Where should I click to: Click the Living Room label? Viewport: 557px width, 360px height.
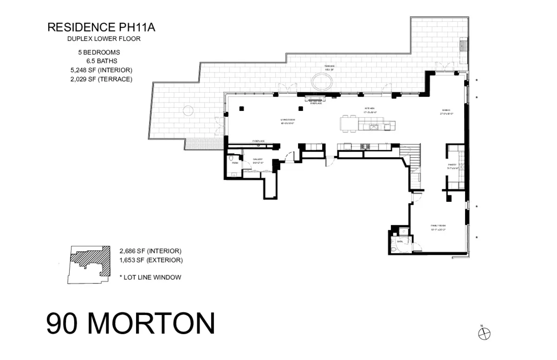pyautogui.click(x=288, y=122)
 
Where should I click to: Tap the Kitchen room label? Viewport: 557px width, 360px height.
pyautogui.click(x=369, y=110)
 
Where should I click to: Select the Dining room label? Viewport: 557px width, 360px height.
pyautogui.click(x=445, y=111)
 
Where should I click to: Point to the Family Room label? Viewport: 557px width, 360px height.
pyautogui.click(x=438, y=227)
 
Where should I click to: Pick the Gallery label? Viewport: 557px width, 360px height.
pyautogui.click(x=258, y=161)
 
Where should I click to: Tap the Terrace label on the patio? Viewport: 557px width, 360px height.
pyautogui.click(x=330, y=68)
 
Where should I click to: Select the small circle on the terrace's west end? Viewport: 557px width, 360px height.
pyautogui.click(x=188, y=110)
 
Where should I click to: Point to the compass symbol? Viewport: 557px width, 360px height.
pyautogui.click(x=484, y=333)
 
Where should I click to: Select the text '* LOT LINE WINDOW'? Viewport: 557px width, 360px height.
pyautogui.click(x=150, y=277)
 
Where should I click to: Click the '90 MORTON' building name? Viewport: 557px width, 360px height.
pyautogui.click(x=130, y=324)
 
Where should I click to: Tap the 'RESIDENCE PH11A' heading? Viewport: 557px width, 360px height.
pyautogui.click(x=101, y=28)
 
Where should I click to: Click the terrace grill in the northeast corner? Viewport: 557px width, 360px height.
pyautogui.click(x=463, y=46)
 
